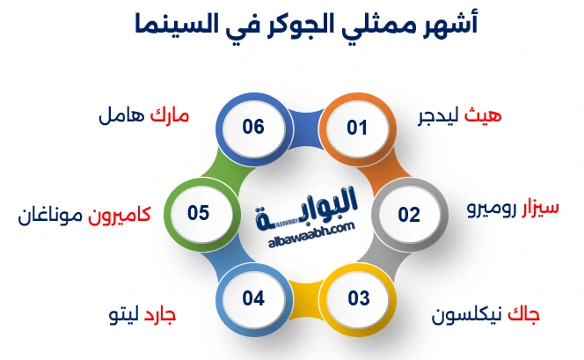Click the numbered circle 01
click(x=356, y=128)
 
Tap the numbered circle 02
click(x=409, y=214)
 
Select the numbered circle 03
click(x=359, y=298)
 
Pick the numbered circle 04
click(x=253, y=298)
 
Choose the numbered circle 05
click(x=198, y=213)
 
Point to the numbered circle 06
click(x=253, y=127)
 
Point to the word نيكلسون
click(x=468, y=313)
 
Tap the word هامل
click(x=120, y=116)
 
